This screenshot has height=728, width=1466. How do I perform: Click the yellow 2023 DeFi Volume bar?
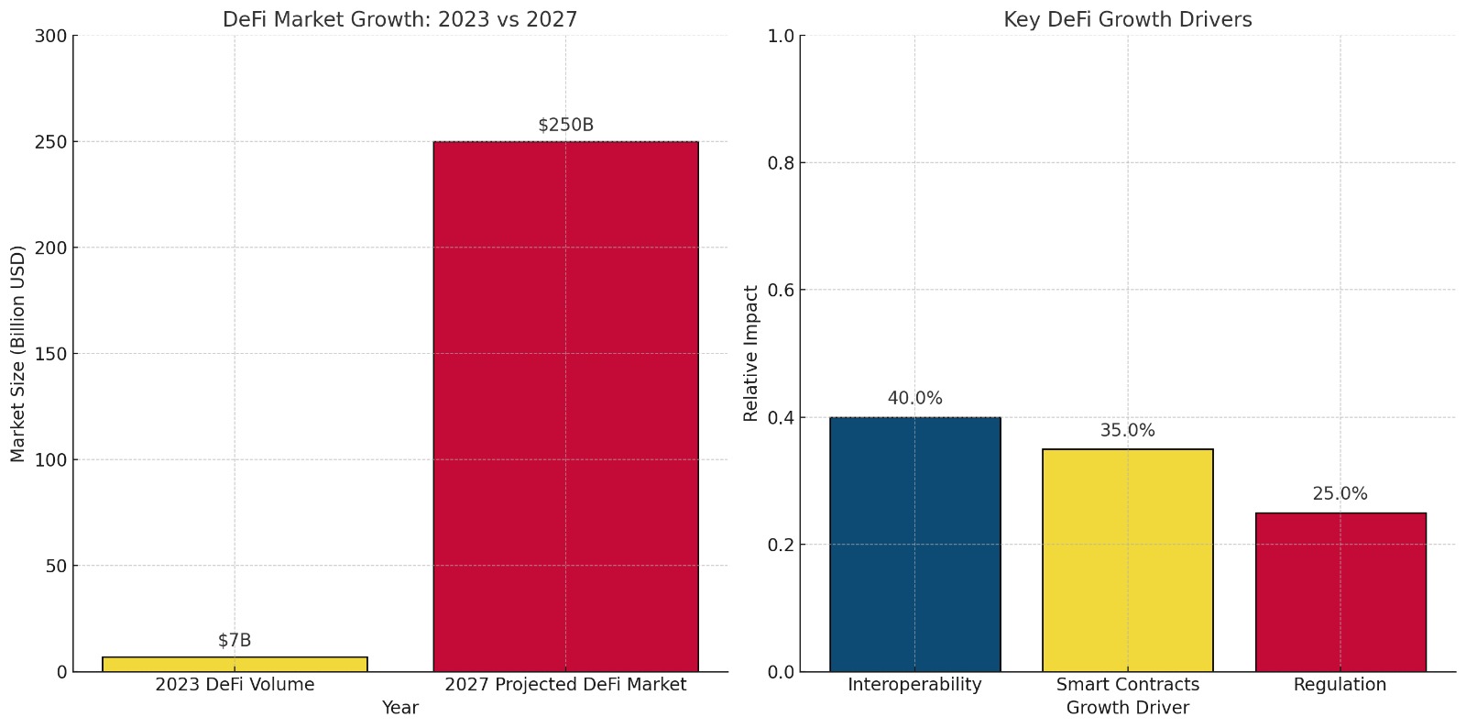[235, 664]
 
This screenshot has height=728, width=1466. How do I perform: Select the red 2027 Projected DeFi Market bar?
[565, 406]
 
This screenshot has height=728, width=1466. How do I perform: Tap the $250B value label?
[565, 125]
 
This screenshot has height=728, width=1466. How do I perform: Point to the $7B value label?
[235, 640]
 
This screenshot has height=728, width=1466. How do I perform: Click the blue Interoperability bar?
[914, 545]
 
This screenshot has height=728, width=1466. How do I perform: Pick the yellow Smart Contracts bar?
[1127, 560]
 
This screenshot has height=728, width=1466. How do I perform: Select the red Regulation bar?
[1340, 592]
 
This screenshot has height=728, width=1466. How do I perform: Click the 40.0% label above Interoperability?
[914, 398]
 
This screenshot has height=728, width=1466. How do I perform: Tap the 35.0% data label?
[1127, 430]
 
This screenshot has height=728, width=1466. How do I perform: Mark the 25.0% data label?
[1340, 493]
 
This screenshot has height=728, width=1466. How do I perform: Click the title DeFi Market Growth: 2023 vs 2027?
[399, 19]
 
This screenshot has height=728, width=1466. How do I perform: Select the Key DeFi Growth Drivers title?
[1127, 19]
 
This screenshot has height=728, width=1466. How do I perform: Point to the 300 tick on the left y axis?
[50, 36]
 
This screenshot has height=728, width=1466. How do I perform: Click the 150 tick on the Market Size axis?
[50, 354]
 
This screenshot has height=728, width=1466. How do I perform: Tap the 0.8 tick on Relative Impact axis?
[781, 163]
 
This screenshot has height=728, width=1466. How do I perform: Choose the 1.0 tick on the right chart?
[781, 36]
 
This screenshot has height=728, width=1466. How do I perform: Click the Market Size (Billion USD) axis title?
[18, 354]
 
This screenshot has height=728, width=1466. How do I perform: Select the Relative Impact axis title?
[751, 354]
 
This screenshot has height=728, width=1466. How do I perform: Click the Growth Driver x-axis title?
[1127, 708]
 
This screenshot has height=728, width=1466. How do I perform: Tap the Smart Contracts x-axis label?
[1127, 685]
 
